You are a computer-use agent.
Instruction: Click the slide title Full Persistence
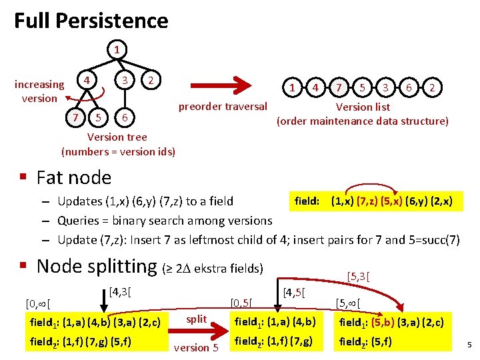click(91, 21)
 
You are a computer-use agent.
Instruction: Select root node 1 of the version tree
click(117, 49)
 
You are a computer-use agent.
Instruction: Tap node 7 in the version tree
click(76, 118)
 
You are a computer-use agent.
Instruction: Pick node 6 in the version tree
click(124, 118)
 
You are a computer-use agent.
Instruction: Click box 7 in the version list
click(340, 88)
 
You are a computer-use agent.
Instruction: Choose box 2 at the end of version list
click(433, 88)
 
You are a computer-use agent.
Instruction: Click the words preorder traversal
click(223, 106)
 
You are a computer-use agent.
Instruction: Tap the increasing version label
click(39, 91)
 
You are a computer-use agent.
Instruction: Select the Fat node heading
click(73, 177)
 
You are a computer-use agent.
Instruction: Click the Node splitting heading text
click(97, 266)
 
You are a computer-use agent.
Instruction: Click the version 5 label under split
click(196, 347)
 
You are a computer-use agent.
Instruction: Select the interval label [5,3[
click(358, 275)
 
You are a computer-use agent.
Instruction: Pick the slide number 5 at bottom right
click(469, 345)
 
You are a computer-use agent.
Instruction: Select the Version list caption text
click(363, 107)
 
